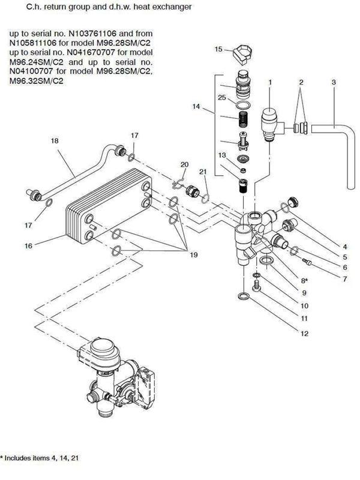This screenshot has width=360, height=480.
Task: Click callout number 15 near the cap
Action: point(218,49)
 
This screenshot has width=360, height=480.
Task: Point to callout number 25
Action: point(221,98)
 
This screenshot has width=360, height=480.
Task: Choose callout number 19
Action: point(194,255)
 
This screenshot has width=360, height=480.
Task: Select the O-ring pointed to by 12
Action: point(241,296)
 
